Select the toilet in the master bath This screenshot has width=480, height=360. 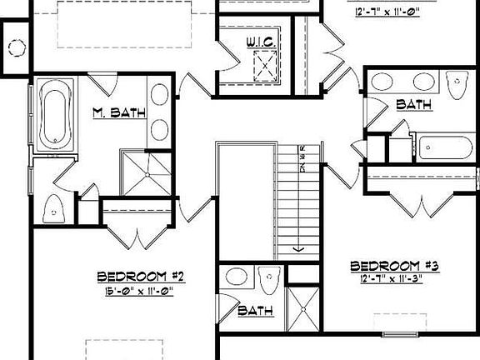click(x=55, y=208)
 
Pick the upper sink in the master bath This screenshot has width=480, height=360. click(x=159, y=92)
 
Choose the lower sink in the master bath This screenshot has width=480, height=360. click(x=159, y=129)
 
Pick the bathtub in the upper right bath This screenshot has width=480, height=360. click(x=446, y=147)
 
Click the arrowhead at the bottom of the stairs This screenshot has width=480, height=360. click(x=297, y=247)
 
